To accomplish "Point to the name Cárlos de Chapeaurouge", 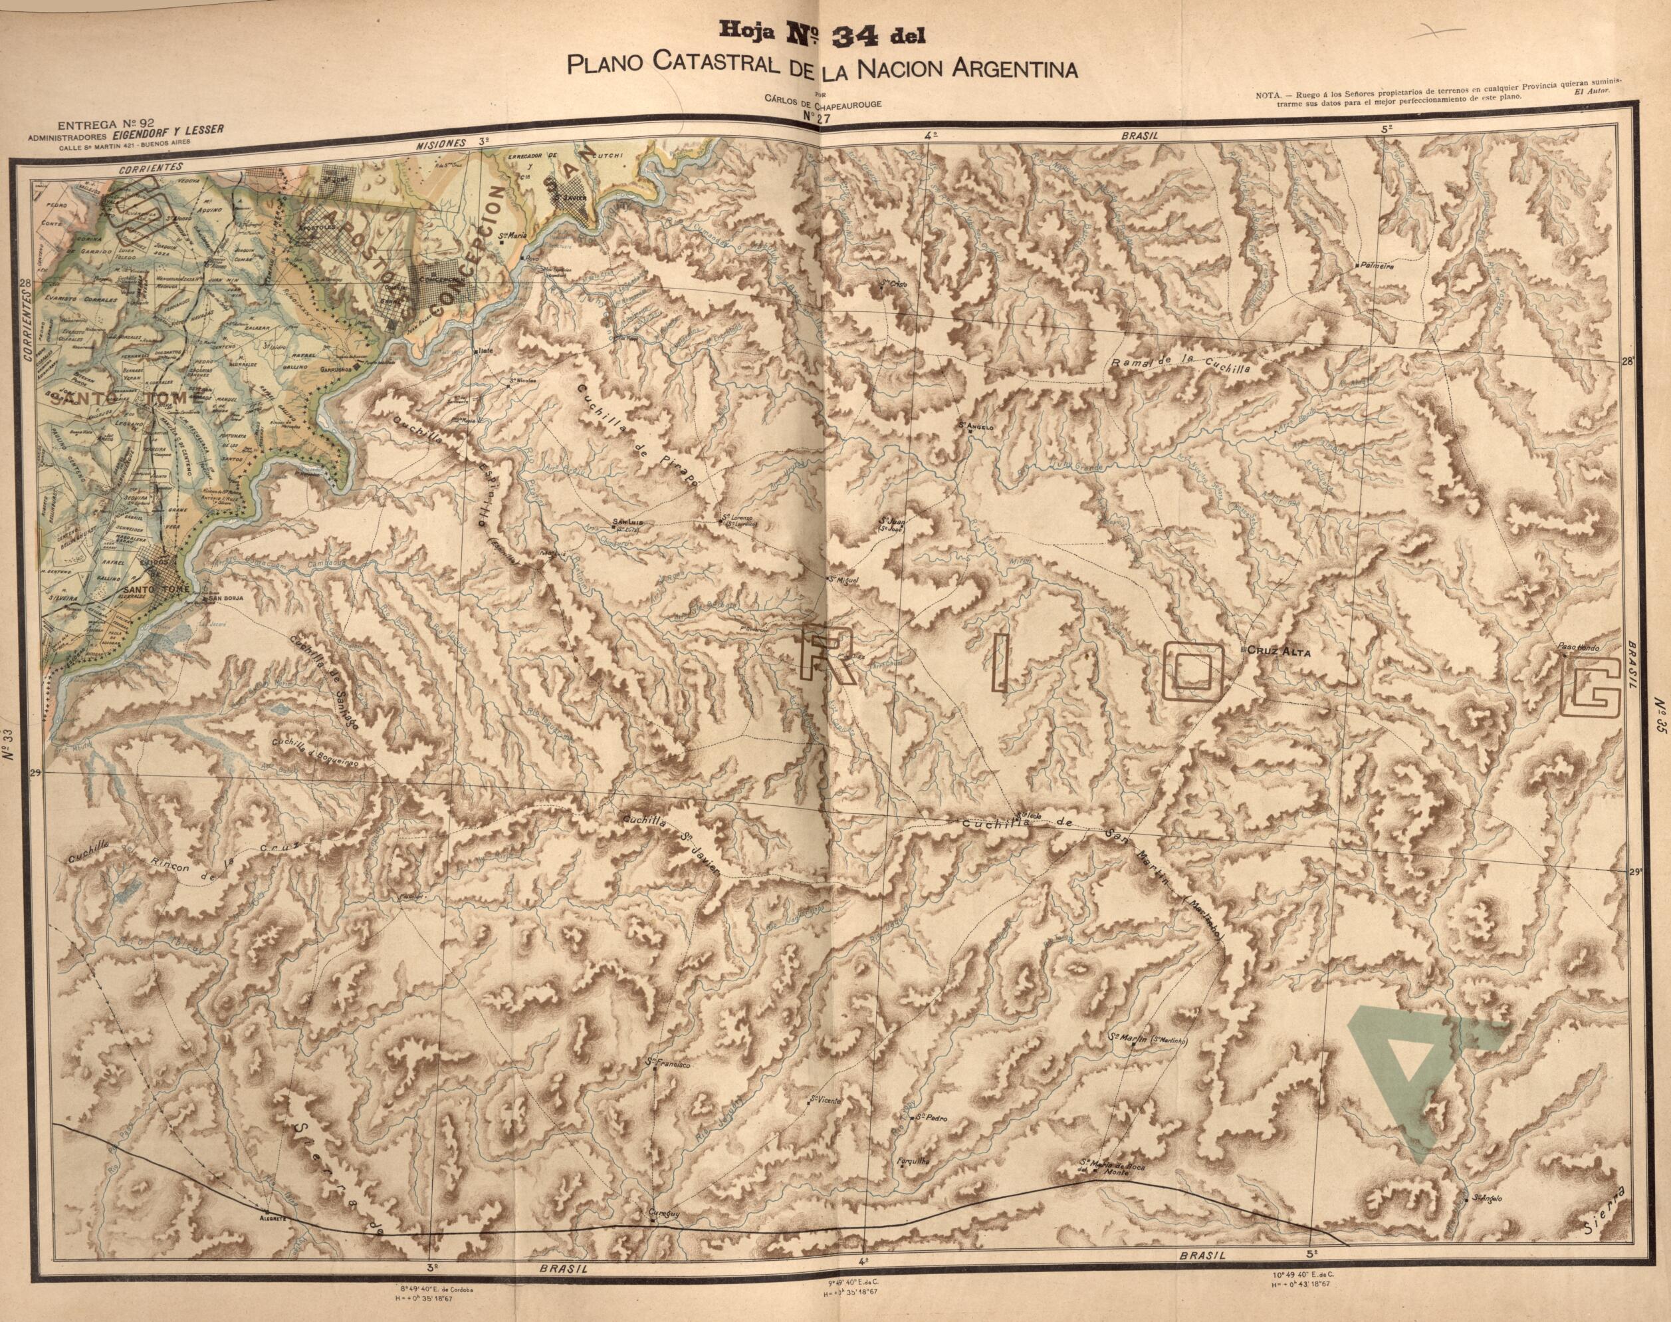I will pyautogui.click(x=822, y=104).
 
